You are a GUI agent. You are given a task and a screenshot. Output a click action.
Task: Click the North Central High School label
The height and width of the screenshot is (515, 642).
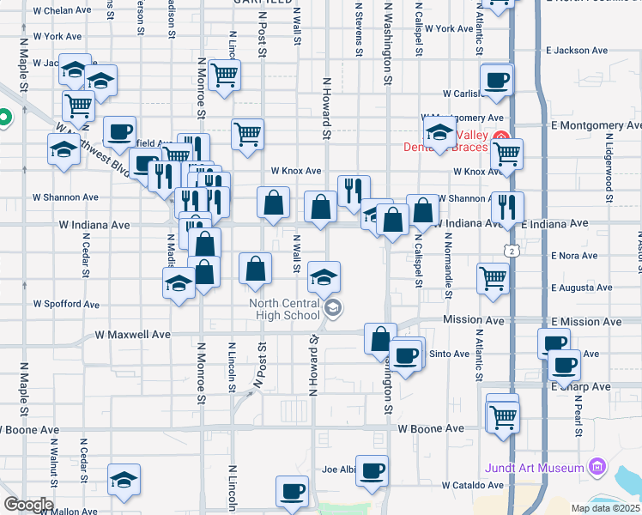284,309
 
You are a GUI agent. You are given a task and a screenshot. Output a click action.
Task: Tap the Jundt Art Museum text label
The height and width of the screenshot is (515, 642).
535,468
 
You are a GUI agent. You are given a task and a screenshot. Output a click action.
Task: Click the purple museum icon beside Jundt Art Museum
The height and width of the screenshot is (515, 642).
597,468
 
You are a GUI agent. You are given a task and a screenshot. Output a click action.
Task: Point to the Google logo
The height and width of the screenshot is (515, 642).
27,504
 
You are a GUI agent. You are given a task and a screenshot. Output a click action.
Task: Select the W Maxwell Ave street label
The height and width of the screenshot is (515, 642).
132,334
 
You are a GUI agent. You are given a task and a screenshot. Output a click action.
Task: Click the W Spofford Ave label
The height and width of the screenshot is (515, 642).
66,304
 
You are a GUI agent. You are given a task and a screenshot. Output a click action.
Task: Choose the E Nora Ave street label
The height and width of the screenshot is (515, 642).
575,256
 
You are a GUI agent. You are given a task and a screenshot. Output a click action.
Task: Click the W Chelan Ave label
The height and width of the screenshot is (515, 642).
61,10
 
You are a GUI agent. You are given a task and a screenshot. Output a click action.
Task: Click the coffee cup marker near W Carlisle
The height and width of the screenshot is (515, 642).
497,82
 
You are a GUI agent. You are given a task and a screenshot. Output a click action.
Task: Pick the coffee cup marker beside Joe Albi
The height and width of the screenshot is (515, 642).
372,471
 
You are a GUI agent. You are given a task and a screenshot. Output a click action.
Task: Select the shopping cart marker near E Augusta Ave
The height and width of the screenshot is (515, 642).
494,277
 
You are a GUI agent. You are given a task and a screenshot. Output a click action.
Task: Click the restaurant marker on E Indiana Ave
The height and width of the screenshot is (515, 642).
507,206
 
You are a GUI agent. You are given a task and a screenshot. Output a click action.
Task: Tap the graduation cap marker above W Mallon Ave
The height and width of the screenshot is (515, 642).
124,480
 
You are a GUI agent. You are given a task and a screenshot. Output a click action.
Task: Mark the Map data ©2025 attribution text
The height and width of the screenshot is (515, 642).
605,508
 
